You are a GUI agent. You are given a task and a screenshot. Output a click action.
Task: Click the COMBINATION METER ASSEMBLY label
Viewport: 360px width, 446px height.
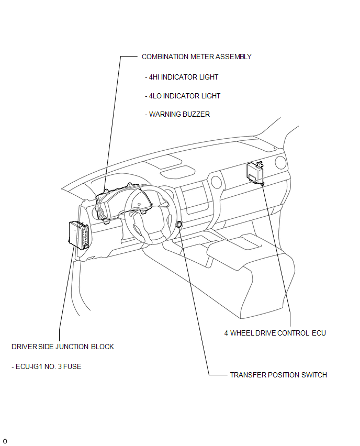[x=197, y=57]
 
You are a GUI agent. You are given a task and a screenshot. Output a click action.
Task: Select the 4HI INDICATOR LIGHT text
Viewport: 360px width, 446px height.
[x=182, y=77]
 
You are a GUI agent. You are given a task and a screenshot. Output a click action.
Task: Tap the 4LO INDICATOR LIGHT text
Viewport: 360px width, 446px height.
[x=183, y=96]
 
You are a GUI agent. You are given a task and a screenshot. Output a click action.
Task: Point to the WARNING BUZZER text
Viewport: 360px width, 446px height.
[x=177, y=114]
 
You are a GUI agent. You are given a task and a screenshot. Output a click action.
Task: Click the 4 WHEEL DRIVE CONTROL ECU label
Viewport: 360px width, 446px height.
[x=275, y=333]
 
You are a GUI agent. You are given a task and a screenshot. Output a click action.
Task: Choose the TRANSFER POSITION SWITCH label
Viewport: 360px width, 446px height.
[x=278, y=375]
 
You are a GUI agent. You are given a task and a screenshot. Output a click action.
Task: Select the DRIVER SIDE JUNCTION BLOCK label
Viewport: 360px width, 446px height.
[x=63, y=347]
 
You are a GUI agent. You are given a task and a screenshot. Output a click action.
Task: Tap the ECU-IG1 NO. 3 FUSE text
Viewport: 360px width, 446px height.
[x=47, y=366]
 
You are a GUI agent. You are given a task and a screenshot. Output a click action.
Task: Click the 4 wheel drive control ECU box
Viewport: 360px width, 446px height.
[x=255, y=172]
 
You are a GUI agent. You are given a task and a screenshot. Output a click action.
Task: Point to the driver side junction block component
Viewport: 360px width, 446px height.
[x=79, y=235]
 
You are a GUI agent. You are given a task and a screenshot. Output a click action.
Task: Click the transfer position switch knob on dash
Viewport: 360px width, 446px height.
[x=179, y=225]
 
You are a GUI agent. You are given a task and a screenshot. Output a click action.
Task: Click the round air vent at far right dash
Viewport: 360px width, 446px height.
[x=280, y=162]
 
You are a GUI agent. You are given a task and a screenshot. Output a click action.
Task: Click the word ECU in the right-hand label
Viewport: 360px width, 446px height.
[x=319, y=333]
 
